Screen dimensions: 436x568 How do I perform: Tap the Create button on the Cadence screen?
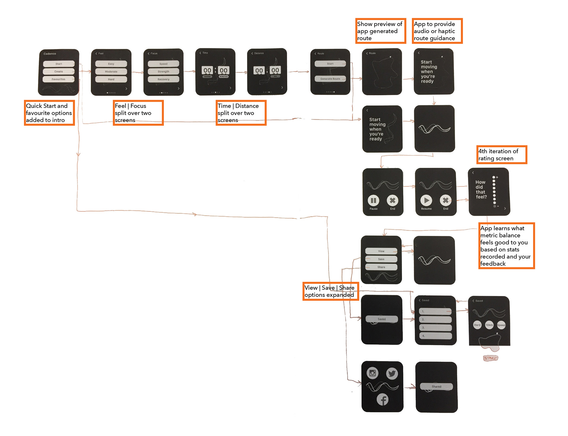coord(59,71)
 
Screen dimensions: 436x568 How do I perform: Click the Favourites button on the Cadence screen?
coord(59,79)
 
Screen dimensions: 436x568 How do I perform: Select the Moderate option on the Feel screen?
coord(111,71)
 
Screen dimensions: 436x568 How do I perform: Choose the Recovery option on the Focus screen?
coord(163,79)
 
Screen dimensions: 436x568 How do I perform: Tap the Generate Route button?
coord(330,79)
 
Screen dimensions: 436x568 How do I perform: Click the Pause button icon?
coord(373,200)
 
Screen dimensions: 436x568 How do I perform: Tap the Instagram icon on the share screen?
coord(372,373)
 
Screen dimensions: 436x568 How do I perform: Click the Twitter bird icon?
coord(392,374)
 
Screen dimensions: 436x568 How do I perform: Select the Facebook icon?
coord(383,400)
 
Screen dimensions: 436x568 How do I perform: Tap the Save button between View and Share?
coord(381,259)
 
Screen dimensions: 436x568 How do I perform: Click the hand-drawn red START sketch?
coord(490,358)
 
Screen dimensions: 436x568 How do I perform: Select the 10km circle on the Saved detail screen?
coord(489,325)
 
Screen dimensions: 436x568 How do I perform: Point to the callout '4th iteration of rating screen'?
coord(501,155)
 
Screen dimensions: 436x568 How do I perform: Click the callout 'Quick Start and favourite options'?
coord(49,113)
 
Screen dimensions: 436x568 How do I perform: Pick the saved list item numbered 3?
coord(435,328)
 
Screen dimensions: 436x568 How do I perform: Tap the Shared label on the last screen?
coord(436,387)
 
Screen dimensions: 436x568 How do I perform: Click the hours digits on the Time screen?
coord(207,70)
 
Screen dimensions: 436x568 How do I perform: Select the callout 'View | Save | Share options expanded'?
coord(330,291)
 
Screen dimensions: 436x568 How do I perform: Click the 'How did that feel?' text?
coord(481,189)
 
